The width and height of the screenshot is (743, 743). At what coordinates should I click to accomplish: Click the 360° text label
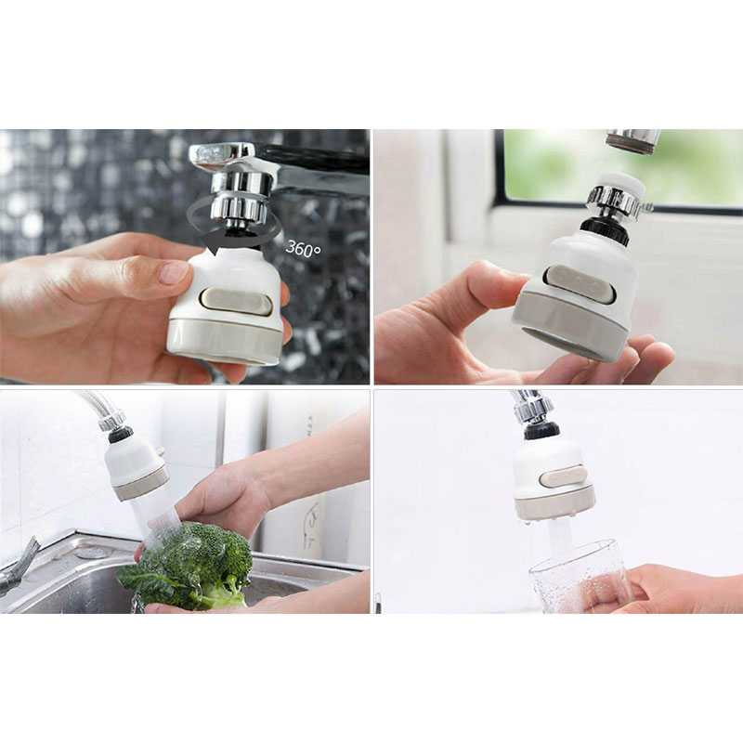pos(304,248)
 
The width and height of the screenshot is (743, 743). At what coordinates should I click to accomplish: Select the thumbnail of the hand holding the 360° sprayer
pos(185,256)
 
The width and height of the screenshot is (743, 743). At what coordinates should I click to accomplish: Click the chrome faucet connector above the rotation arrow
pos(241,194)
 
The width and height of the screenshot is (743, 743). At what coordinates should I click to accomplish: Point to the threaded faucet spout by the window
pos(633,140)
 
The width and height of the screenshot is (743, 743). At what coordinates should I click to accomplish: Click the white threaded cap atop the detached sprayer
pos(620,185)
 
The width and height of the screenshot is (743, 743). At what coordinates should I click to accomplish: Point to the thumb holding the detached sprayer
pos(493,284)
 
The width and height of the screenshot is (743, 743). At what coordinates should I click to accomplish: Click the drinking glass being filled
pos(580,576)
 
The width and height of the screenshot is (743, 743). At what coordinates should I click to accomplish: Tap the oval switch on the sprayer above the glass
pos(562,476)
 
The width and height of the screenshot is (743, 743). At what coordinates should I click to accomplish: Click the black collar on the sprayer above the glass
pos(541,429)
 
